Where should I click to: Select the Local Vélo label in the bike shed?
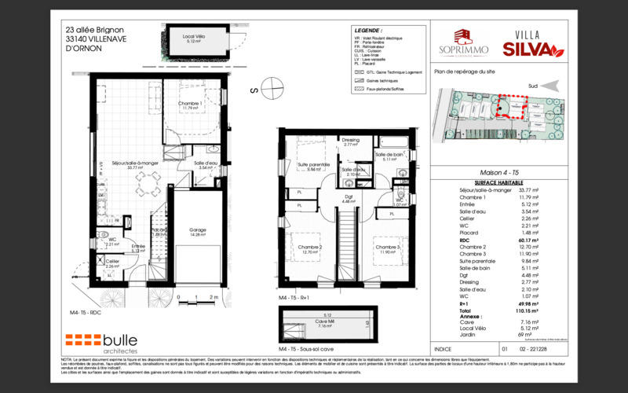click(x=194, y=38)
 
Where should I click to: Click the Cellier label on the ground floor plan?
click(x=112, y=263)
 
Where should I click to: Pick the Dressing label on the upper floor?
click(x=351, y=141)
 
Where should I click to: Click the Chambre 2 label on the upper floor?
click(x=311, y=248)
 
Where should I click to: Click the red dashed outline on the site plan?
click(x=513, y=106)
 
